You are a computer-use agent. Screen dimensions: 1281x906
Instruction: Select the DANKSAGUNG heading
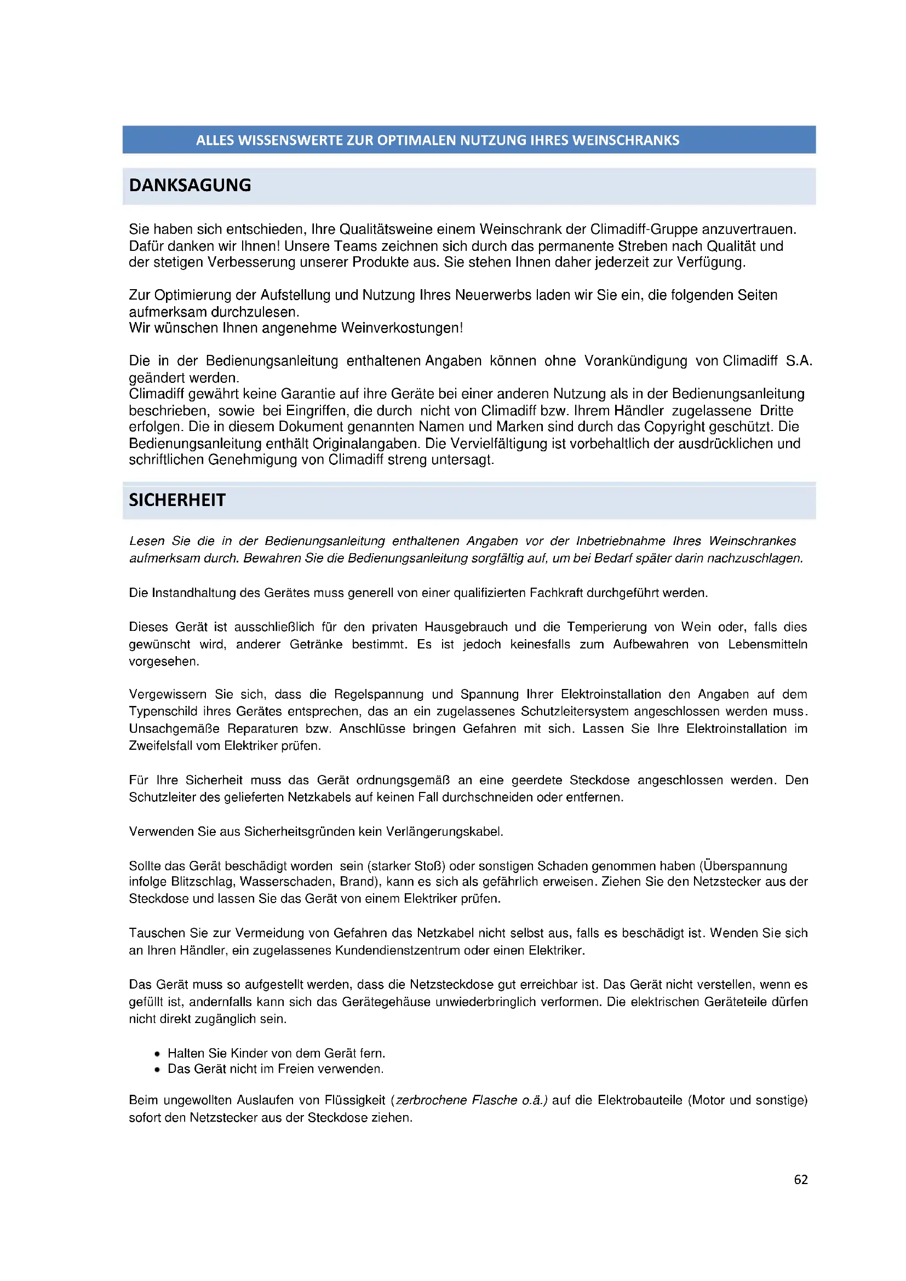click(x=190, y=185)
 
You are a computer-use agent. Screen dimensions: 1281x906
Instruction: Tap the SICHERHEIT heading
click(x=177, y=500)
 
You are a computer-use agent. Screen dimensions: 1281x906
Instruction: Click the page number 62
click(x=801, y=1179)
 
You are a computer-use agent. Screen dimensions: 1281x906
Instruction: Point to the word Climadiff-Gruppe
click(x=644, y=229)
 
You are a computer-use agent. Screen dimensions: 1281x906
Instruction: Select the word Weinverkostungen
click(x=400, y=328)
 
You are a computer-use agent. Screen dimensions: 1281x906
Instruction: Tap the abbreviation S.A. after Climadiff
click(x=798, y=361)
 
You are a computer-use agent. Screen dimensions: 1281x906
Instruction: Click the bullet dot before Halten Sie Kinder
click(x=157, y=1054)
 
